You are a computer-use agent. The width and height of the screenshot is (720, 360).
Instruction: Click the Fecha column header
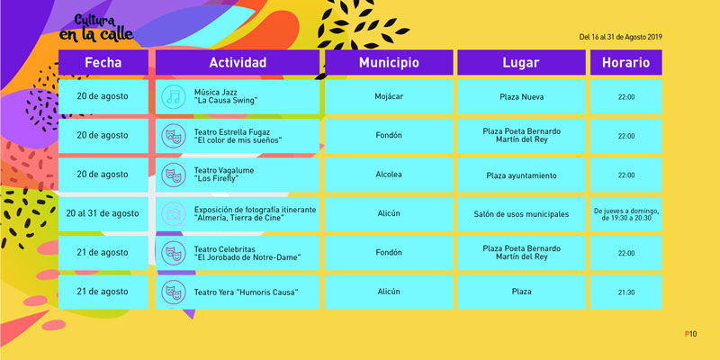point(103,62)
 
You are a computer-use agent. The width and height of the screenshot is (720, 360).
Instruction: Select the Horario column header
point(625,62)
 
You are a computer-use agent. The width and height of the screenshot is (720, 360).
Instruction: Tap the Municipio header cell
point(389,62)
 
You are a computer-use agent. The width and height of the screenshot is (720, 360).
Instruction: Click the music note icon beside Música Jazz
point(174,97)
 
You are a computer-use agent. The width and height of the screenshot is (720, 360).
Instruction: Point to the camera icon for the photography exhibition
point(174,214)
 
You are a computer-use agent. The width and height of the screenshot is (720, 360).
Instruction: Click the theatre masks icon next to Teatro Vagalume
point(174,175)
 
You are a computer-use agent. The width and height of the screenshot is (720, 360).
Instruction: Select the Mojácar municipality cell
point(389,97)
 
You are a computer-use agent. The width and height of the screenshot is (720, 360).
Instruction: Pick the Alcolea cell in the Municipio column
point(389,175)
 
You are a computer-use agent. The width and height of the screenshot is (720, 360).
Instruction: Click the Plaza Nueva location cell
point(522,97)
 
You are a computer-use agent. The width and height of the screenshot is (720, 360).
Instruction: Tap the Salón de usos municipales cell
point(522,214)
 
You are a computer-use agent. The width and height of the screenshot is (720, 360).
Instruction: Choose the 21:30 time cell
point(625,292)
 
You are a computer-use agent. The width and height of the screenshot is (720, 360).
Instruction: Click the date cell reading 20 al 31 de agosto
point(103,214)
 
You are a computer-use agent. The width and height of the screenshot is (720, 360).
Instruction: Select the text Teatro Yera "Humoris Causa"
point(246,292)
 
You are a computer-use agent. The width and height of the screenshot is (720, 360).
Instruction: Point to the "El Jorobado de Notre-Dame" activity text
point(247,257)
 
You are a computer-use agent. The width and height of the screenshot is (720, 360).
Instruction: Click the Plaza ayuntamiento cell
point(522,175)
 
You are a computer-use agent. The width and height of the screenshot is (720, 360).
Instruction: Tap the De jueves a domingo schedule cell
point(625,214)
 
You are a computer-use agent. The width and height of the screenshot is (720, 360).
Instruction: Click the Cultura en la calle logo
point(96,29)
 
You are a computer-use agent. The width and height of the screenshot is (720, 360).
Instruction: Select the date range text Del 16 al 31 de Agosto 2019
point(620,38)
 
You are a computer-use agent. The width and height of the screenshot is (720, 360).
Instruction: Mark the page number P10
point(690,334)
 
